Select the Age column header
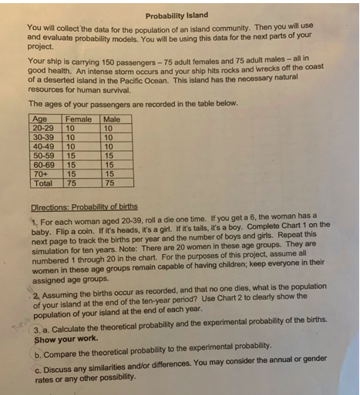point(39,119)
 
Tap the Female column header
point(78,119)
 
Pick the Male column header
point(112,119)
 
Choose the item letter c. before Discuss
point(37,368)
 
